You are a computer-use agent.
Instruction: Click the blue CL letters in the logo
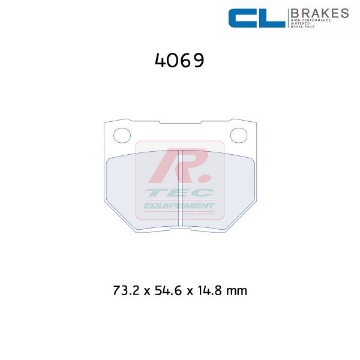(x=257, y=18)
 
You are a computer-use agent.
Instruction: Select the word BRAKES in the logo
(x=320, y=13)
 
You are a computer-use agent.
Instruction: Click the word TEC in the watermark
(x=179, y=193)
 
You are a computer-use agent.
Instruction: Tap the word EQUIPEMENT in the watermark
(x=179, y=206)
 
